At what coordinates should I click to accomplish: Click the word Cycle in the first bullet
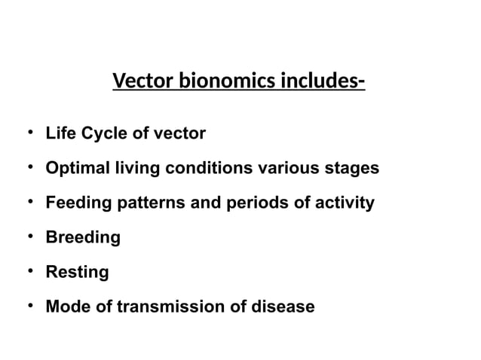pos(103,134)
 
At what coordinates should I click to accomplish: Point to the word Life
pos(60,134)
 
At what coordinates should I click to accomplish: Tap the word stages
pos(353,169)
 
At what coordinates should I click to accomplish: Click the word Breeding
pos(83,238)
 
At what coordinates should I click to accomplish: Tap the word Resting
pos(78,273)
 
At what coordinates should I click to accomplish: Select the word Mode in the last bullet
pos(65,307)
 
